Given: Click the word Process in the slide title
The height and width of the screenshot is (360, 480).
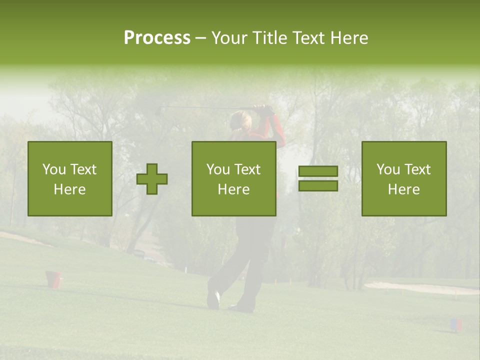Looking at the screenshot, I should point(157,38).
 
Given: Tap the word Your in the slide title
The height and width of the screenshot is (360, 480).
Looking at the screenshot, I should point(229,38).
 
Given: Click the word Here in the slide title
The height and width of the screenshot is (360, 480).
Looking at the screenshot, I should point(348,38).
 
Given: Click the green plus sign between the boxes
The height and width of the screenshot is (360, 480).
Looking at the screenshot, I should point(152,178).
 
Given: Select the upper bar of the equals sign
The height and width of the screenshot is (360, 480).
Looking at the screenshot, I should point(318,171).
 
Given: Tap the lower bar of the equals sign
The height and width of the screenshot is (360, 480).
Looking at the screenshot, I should point(318,186).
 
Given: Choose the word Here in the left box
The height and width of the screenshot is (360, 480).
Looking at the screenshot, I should point(69,189).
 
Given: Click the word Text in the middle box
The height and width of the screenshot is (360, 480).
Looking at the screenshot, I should point(248,169).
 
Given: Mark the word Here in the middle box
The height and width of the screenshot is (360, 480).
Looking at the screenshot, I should point(233,189).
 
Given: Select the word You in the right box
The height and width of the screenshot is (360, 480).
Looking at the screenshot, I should point(387,169).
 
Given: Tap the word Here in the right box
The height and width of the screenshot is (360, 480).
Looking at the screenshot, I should point(403,189).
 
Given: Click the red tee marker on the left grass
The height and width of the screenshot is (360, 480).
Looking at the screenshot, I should point(53,279).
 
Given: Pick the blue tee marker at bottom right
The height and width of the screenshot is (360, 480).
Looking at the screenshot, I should point(455,324).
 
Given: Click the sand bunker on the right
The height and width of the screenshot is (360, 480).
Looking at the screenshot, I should point(420,287).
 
